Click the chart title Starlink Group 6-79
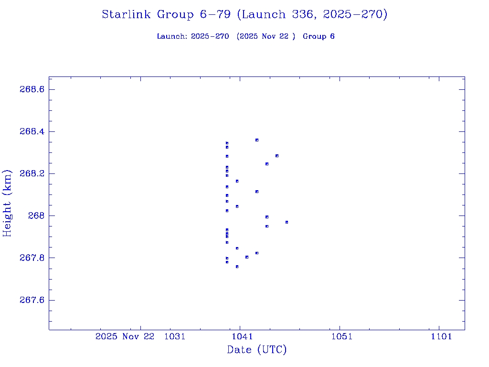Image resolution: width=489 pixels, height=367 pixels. pos(244,14)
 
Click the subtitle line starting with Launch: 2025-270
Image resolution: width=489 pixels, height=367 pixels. pos(245,36)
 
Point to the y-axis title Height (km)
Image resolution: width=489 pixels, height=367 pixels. pos(7,203)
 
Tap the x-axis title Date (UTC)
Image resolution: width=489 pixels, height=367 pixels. pos(257,350)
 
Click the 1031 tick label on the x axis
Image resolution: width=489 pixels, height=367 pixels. pos(174,336)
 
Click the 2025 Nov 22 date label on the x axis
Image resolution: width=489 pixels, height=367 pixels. pos(125,336)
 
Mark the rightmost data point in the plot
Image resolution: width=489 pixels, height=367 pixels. pos(287,222)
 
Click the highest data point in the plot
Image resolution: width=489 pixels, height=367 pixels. pos(257,140)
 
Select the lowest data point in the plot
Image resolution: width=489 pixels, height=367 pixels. pos(237,267)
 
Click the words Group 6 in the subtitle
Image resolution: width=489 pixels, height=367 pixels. pos(319,36)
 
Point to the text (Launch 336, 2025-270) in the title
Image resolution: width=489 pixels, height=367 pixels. pos(312,14)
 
